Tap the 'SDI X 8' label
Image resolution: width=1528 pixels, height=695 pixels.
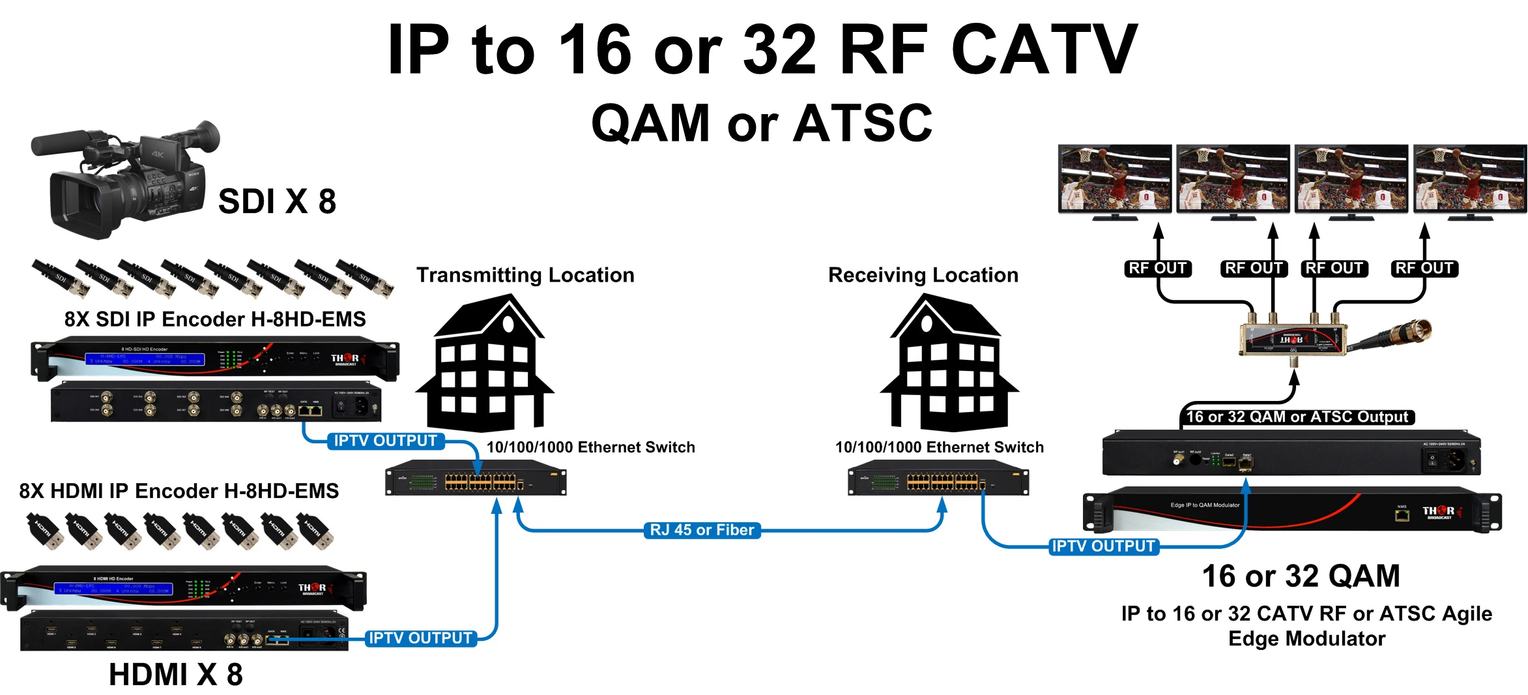277,201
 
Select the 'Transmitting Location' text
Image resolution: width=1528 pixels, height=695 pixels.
525,275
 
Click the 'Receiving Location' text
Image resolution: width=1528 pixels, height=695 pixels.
923,275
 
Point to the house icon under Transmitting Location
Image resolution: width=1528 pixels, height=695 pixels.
485,365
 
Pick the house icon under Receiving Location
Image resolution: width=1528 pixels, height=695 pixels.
949,365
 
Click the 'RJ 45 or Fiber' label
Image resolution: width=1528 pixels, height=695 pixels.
702,530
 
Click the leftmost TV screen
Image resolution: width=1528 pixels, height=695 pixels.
1115,179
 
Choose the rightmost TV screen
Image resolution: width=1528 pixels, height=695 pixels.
1469,179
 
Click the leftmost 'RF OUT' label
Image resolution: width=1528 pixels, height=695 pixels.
1157,268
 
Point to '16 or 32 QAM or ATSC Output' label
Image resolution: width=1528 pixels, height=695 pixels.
1297,417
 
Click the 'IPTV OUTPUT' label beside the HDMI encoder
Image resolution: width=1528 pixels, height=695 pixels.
420,638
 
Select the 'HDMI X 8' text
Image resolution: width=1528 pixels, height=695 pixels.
176,675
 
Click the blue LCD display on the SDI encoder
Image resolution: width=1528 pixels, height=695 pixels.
145,359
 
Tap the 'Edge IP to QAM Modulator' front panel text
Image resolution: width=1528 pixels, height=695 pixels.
1205,505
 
